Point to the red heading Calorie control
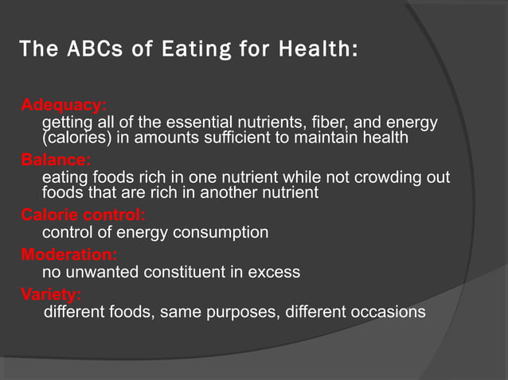83,215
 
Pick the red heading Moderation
68,254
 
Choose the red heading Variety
51,294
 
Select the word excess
274,272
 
